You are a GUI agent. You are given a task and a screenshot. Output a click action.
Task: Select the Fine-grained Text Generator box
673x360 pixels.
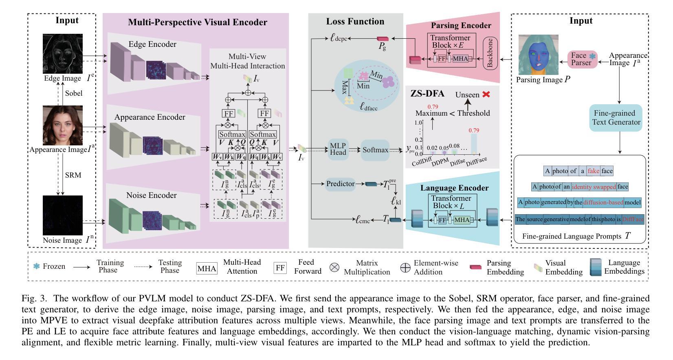tap(616, 118)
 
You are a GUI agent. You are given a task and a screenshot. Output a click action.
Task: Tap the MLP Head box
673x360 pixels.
tap(338, 149)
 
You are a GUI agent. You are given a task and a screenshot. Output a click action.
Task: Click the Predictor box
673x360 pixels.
tap(341, 184)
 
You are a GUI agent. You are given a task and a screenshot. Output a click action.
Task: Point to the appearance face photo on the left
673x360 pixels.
tap(63, 125)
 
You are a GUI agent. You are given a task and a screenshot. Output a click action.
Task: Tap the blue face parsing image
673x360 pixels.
tap(538, 55)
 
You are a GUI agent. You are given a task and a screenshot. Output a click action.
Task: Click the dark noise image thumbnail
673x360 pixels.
tap(63, 215)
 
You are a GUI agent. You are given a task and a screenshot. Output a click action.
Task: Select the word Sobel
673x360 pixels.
tap(73, 93)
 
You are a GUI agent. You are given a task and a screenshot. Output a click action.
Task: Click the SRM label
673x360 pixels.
tap(73, 175)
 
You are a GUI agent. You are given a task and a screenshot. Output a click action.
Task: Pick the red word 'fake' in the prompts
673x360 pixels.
tap(593, 171)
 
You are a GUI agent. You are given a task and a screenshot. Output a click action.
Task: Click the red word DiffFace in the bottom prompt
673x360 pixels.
tap(633, 220)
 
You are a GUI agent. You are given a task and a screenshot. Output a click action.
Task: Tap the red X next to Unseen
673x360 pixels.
tap(486, 94)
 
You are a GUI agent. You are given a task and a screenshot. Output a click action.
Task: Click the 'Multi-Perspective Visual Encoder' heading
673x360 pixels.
tap(198, 22)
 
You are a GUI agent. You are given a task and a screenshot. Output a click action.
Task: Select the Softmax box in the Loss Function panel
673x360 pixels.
tap(375, 150)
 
